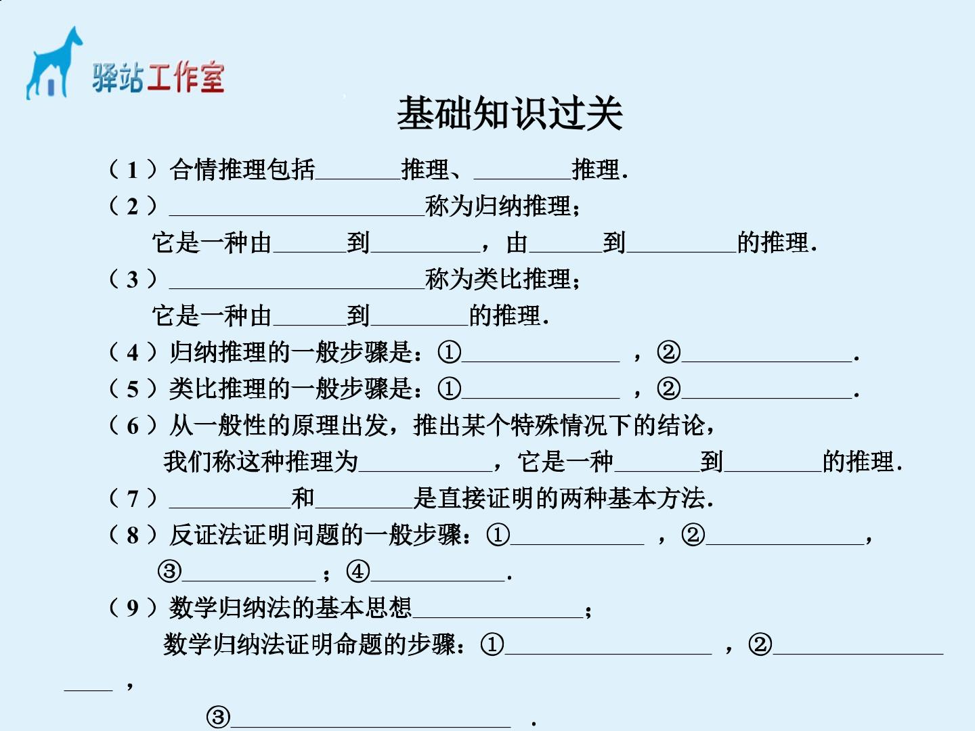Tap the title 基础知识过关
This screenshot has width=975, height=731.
[x=509, y=114]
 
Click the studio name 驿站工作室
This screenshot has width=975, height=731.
[x=158, y=77]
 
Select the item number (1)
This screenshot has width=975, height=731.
[x=133, y=169]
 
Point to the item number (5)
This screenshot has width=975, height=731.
[x=133, y=389]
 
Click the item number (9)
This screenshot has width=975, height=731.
[x=133, y=608]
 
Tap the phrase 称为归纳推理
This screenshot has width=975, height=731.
[x=498, y=206]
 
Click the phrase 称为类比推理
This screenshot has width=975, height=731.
[x=498, y=279]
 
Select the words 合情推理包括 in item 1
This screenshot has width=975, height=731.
[x=242, y=169]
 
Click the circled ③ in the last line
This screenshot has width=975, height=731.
[x=218, y=717]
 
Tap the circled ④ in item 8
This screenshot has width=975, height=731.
[x=358, y=571]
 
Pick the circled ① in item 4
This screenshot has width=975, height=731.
[x=449, y=353]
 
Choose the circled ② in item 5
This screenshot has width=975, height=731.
[x=668, y=389]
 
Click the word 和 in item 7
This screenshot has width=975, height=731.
[x=303, y=498]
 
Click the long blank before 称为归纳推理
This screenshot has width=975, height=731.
[x=297, y=215]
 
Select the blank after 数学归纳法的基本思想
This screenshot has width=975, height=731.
[x=498, y=617]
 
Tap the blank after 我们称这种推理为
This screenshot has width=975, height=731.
[x=425, y=470]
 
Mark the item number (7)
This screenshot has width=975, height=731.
[x=133, y=498]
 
